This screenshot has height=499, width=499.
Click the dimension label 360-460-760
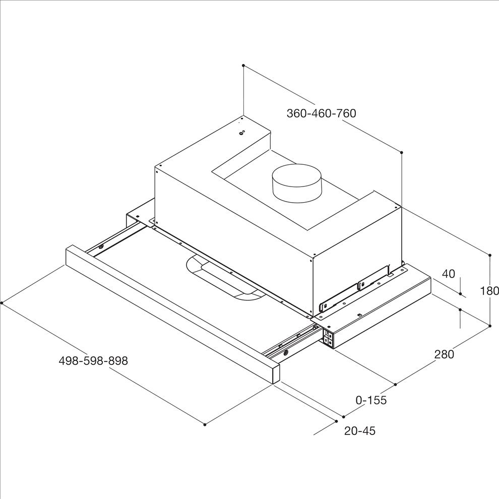(x=321, y=113)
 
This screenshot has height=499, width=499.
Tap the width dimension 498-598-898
(x=93, y=360)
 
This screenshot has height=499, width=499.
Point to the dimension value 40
(x=449, y=273)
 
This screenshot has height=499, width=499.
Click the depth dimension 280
(x=444, y=354)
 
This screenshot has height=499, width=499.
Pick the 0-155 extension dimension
(x=371, y=400)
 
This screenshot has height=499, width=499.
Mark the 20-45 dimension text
(x=360, y=431)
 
